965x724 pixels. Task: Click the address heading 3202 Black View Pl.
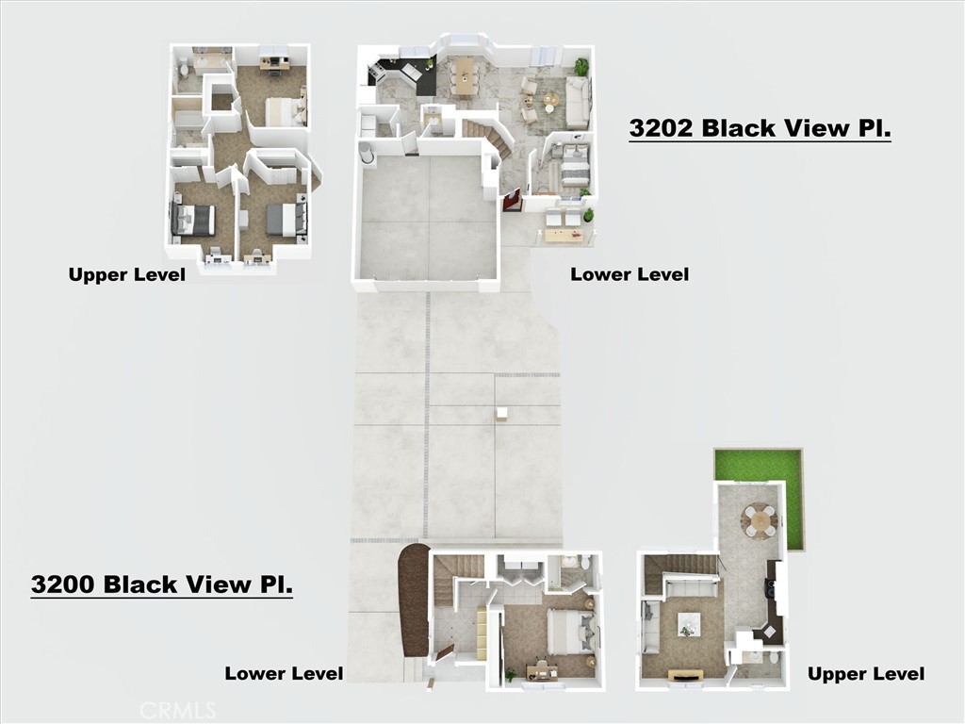tap(761, 128)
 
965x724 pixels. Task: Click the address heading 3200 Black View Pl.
tap(162, 584)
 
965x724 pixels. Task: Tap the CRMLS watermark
tap(178, 710)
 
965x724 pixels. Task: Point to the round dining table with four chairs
tap(759, 520)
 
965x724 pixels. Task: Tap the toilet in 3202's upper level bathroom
tap(185, 69)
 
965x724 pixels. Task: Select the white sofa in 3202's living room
tap(577, 99)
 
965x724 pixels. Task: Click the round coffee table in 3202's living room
tap(551, 98)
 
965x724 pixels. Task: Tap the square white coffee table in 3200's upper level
tap(688, 625)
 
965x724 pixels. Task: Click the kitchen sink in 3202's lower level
tap(408, 74)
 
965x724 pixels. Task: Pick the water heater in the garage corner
tap(368, 152)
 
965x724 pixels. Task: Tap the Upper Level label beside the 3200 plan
tap(866, 674)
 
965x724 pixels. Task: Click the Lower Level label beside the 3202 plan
tap(630, 274)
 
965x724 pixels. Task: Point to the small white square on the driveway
tap(502, 415)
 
